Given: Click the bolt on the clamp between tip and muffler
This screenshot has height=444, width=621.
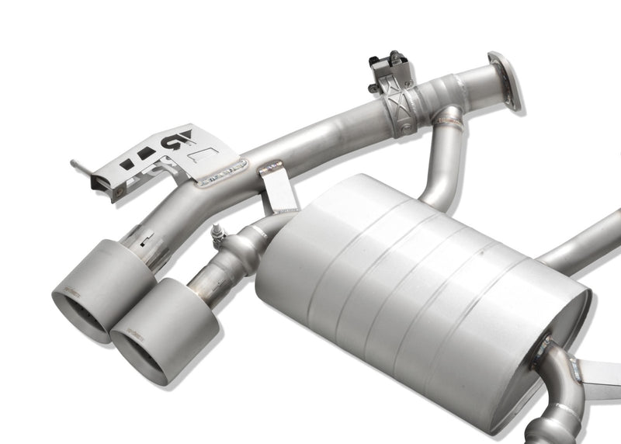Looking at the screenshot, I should click(215, 231).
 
